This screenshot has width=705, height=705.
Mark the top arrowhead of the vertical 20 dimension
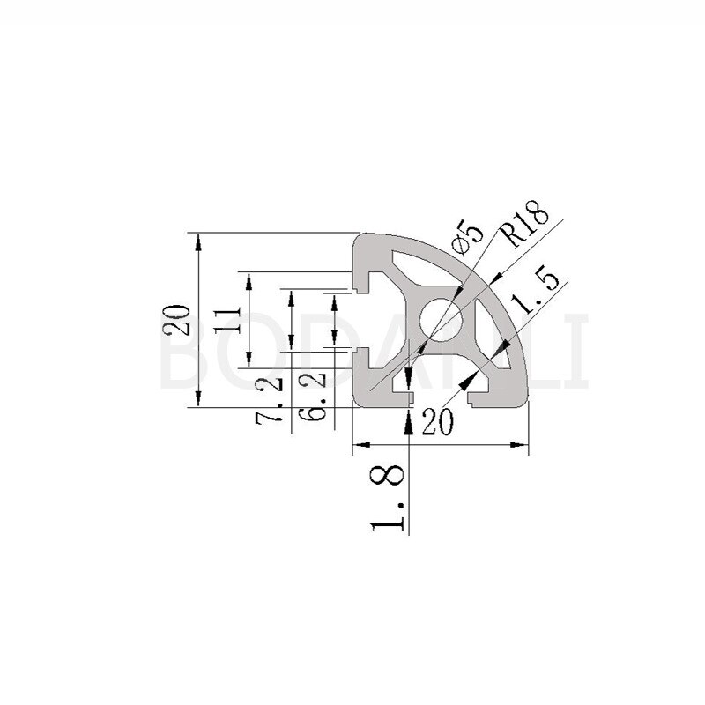coord(200,241)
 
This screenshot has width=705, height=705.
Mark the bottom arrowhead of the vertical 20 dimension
coord(200,402)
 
